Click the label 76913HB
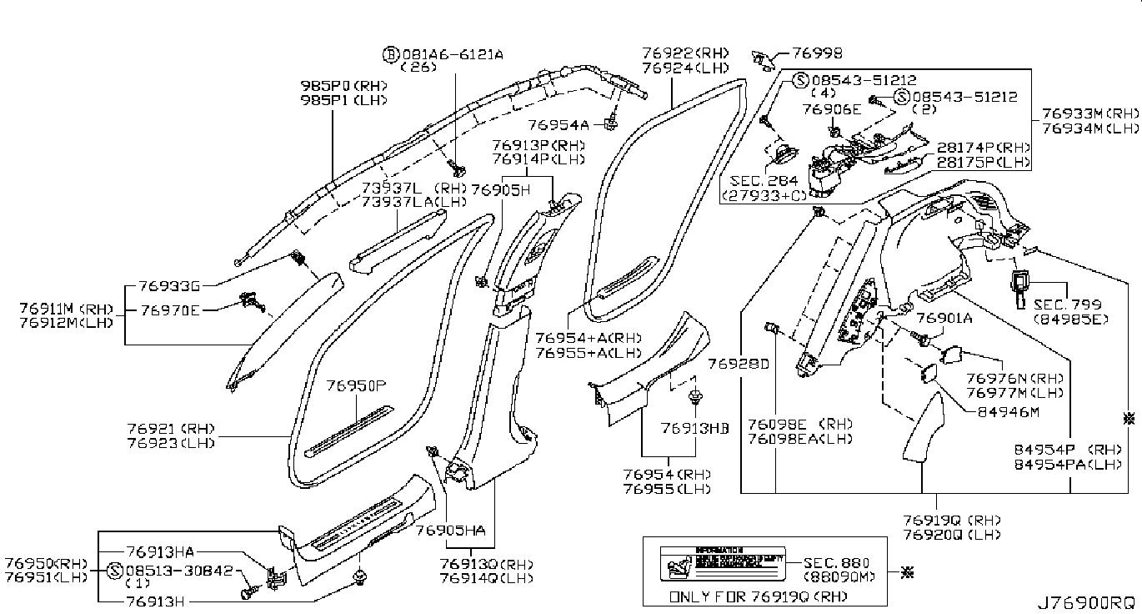click(x=695, y=428)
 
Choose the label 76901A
click(x=944, y=318)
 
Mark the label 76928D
click(x=739, y=365)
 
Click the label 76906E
click(x=831, y=109)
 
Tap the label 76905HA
click(x=449, y=530)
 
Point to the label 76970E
click(x=170, y=310)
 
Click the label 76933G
click(x=170, y=285)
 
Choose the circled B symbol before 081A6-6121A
click(x=389, y=54)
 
